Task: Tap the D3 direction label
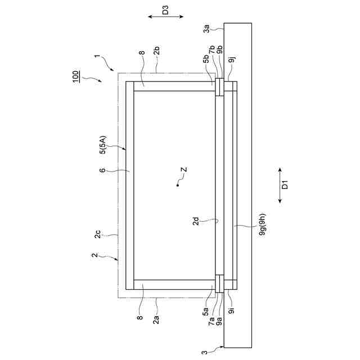click(x=165, y=10)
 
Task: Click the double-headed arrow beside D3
click(x=166, y=16)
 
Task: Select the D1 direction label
click(x=285, y=184)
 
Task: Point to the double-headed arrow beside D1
click(x=280, y=186)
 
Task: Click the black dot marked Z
click(x=178, y=185)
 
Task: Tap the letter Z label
click(x=184, y=170)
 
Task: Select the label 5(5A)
click(x=103, y=145)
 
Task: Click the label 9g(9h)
click(x=262, y=224)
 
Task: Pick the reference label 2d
click(x=196, y=221)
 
